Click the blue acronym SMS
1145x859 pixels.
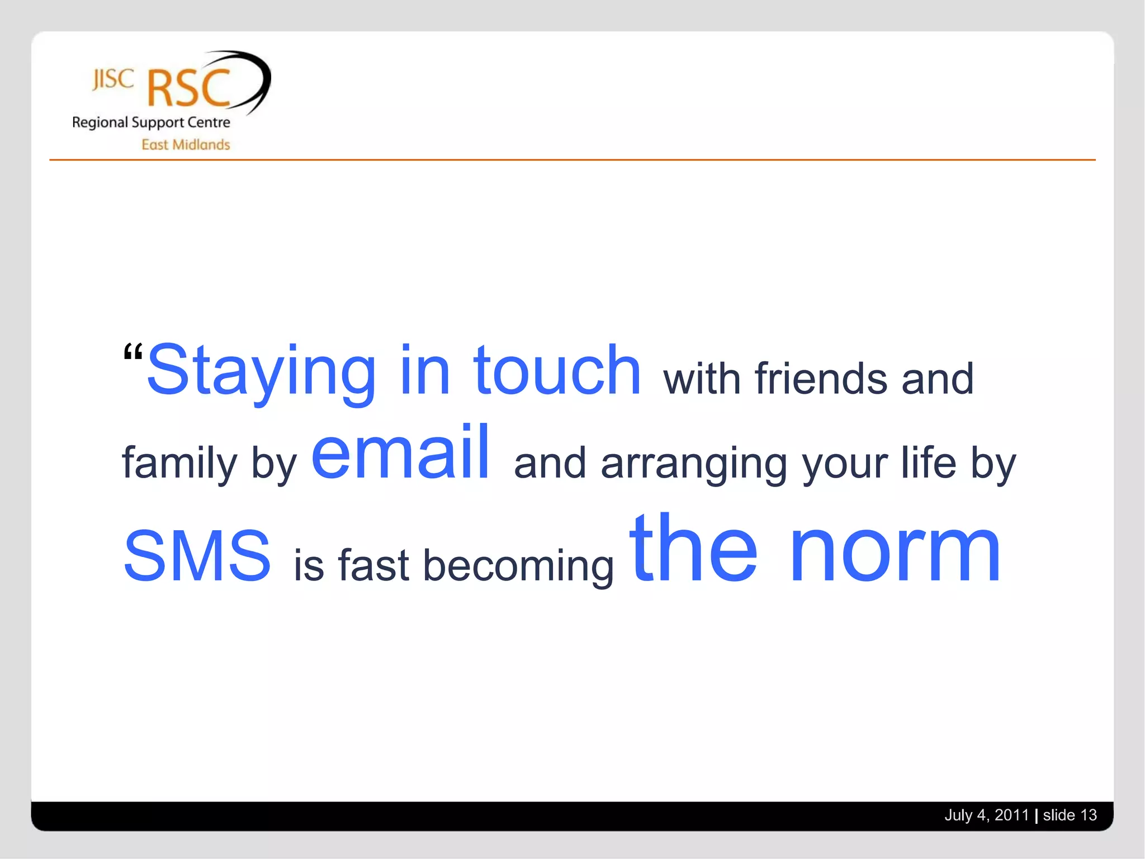tap(197, 555)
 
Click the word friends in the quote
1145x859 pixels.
tap(821, 379)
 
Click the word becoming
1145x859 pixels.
tap(518, 565)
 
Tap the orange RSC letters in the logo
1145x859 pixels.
tap(188, 88)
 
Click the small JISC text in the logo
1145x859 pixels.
tap(113, 79)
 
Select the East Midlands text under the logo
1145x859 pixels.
tap(186, 145)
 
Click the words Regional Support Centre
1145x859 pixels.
tap(151, 122)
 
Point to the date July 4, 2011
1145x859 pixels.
tap(986, 815)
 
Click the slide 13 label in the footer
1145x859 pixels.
tap(1070, 815)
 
